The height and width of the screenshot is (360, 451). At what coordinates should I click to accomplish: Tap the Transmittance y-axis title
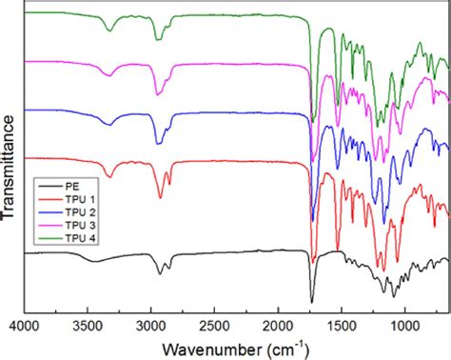tap(9, 167)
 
